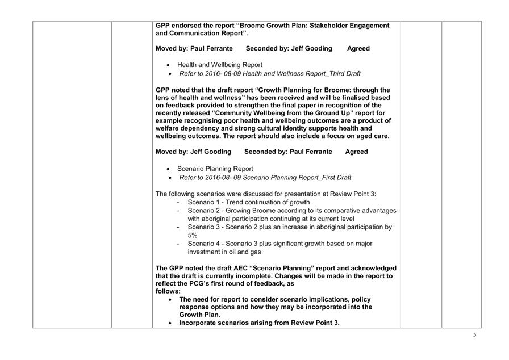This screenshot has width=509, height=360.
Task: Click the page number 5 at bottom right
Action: pos(475,335)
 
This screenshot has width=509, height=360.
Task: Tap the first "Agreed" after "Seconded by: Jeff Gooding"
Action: pos(358,49)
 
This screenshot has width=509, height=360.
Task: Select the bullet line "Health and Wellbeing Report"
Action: pos(219,65)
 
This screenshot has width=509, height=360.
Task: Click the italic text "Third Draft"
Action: pos(340,74)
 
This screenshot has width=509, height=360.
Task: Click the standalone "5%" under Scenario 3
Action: pos(193,235)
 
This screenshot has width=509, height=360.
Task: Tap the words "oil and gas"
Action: pos(241,252)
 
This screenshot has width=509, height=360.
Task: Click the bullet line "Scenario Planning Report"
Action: pos(215,169)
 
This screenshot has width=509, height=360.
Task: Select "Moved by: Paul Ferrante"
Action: pos(194,49)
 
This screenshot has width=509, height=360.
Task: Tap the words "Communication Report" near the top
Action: pos(207,34)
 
